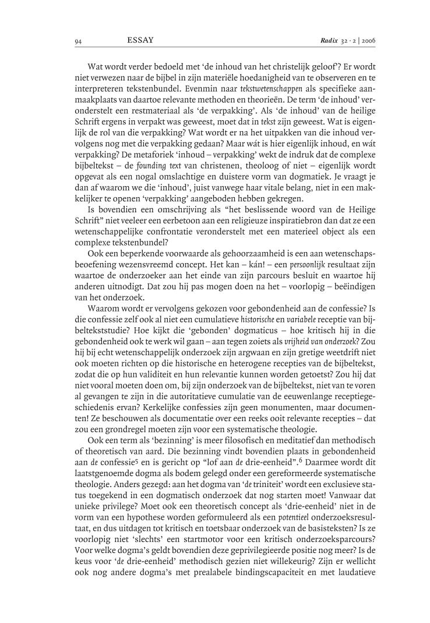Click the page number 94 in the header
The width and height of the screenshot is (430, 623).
click(x=78, y=41)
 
